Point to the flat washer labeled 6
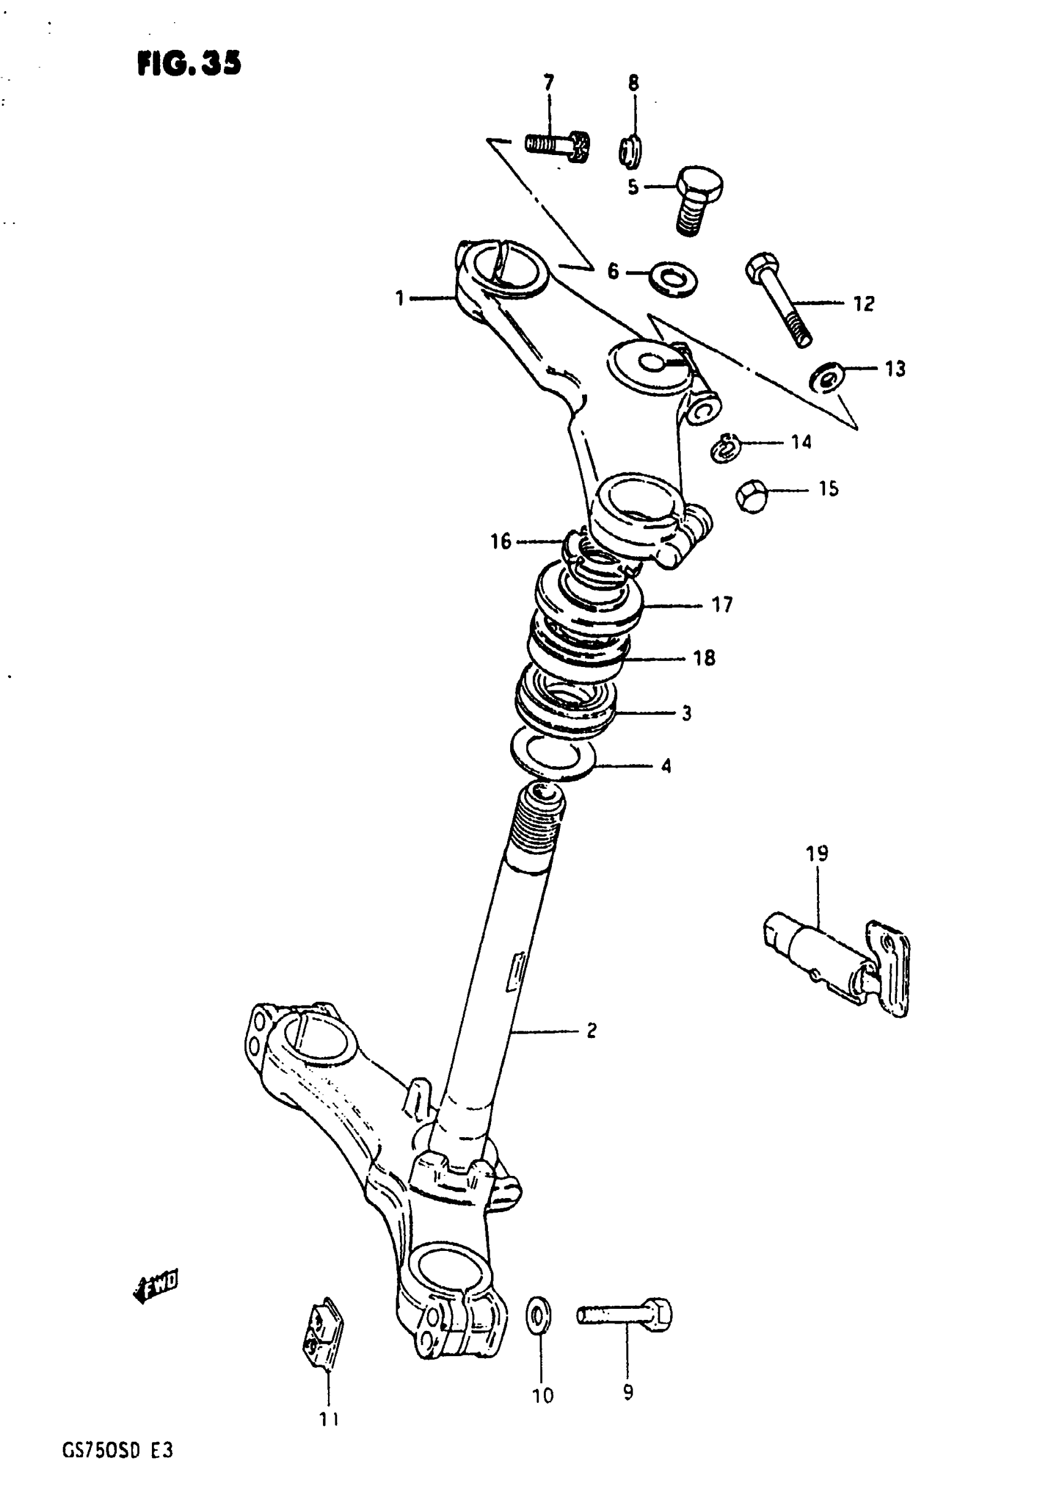click(673, 278)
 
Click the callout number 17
click(722, 604)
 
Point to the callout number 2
click(591, 1031)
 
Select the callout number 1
click(400, 298)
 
